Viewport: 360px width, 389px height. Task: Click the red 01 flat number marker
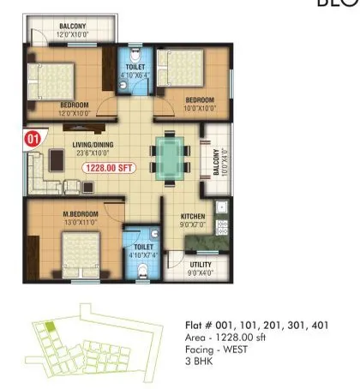coord(33,136)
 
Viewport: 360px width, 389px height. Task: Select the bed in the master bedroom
coord(78,256)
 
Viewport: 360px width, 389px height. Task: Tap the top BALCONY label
coord(71,27)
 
